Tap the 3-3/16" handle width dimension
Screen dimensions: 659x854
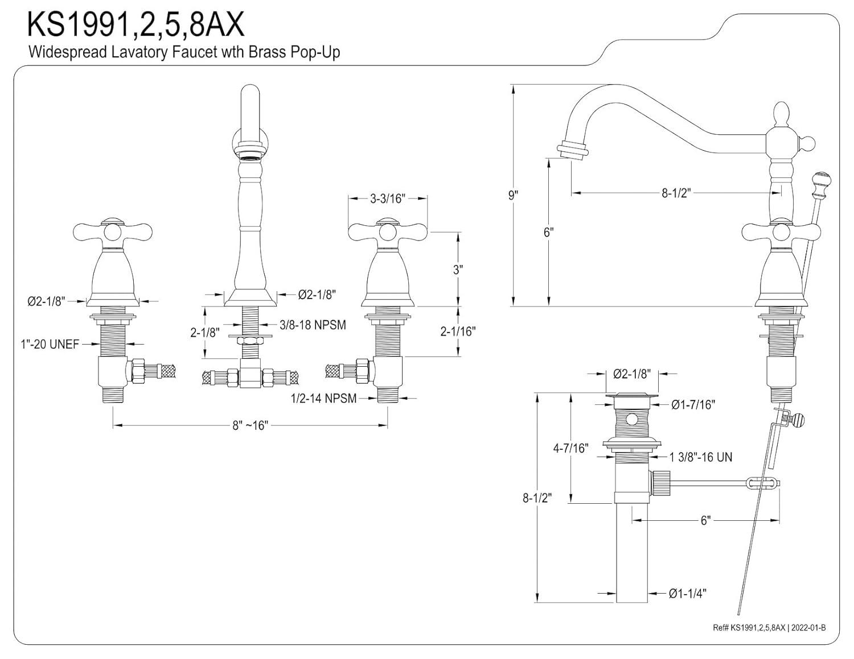coord(387,198)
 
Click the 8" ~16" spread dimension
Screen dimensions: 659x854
coord(249,425)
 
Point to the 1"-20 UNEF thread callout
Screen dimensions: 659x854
coord(50,344)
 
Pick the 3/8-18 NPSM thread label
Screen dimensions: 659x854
coord(313,325)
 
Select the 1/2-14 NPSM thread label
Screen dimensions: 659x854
coord(323,398)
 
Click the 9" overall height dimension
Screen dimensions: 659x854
coord(514,195)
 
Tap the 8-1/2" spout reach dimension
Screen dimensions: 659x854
coord(676,193)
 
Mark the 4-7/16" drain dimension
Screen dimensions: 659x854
coord(570,448)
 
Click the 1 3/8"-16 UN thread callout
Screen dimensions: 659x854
coord(701,457)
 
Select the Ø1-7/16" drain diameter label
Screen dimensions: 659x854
coord(692,404)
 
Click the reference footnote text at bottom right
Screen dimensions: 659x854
coord(769,627)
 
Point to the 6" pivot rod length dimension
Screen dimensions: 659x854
coord(705,520)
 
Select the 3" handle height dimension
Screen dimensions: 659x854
coord(458,270)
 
